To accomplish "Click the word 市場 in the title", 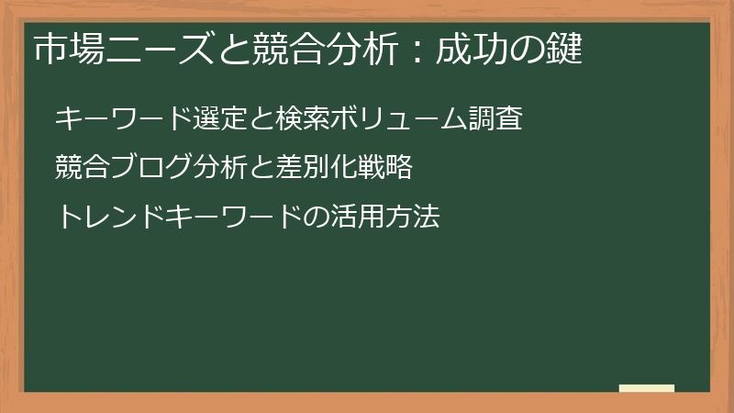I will (x=63, y=49).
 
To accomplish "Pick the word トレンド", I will (x=103, y=218).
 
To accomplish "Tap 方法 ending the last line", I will (x=412, y=218).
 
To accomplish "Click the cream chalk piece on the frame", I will (x=647, y=388).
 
